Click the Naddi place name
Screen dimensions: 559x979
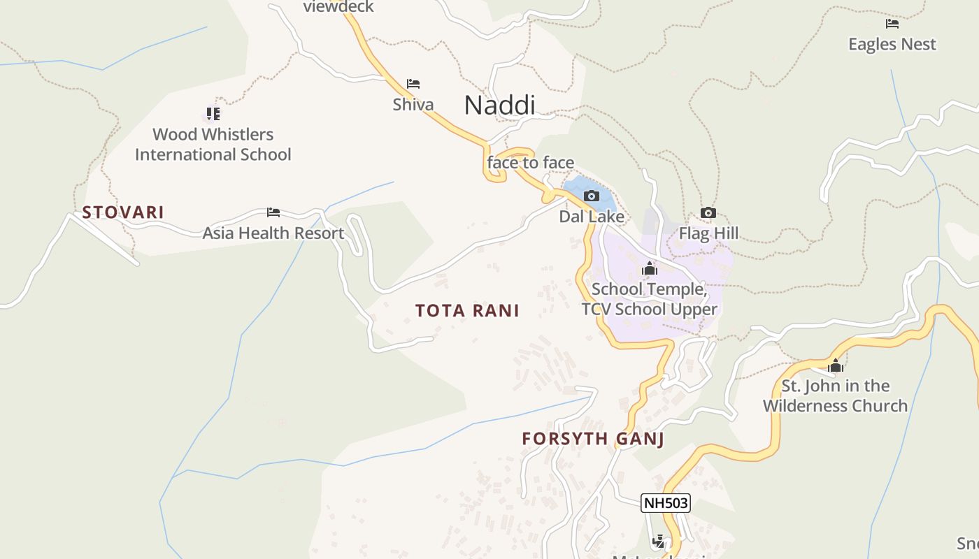pyautogui.click(x=499, y=105)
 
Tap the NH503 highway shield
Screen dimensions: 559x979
pyautogui.click(x=665, y=503)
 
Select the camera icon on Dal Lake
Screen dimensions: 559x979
pyautogui.click(x=592, y=196)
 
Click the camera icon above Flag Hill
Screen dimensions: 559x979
pyautogui.click(x=708, y=213)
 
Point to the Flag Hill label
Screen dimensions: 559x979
pyautogui.click(x=708, y=233)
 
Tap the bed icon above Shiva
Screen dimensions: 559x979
pyautogui.click(x=413, y=85)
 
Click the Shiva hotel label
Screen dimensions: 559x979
pyautogui.click(x=413, y=105)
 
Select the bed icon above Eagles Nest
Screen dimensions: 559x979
pyautogui.click(x=892, y=24)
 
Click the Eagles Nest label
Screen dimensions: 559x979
pyautogui.click(x=892, y=44)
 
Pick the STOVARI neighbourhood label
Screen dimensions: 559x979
pyautogui.click(x=123, y=212)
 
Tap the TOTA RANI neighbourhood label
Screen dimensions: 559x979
pyautogui.click(x=467, y=311)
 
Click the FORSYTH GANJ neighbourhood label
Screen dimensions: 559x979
pyautogui.click(x=593, y=440)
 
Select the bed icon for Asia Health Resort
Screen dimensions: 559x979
pyautogui.click(x=273, y=212)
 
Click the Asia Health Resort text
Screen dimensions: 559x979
pyautogui.click(x=273, y=233)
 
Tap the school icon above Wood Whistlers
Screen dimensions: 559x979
pyautogui.click(x=213, y=113)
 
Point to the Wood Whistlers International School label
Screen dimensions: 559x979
pyautogui.click(x=213, y=144)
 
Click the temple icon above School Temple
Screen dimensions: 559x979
pyautogui.click(x=650, y=269)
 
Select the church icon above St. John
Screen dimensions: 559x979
pyautogui.click(x=835, y=365)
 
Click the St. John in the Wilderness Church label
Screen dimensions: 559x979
pyautogui.click(x=835, y=395)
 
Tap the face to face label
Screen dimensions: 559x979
pyautogui.click(x=531, y=163)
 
